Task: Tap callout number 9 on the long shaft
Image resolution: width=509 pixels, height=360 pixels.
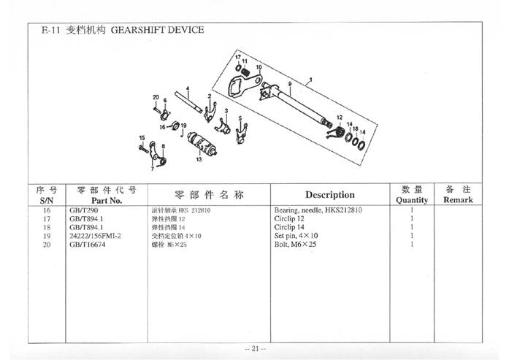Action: tap(289, 85)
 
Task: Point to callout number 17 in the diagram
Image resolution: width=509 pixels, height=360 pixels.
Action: tap(237, 56)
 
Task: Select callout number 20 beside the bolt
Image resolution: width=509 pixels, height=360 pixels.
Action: tap(156, 97)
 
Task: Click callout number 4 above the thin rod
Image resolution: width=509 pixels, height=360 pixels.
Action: tap(188, 89)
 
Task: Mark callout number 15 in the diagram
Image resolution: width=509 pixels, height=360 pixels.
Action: tap(142, 137)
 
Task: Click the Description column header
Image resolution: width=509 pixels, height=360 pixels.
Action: tap(329, 195)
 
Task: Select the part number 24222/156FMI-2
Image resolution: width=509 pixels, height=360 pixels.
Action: tap(95, 236)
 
